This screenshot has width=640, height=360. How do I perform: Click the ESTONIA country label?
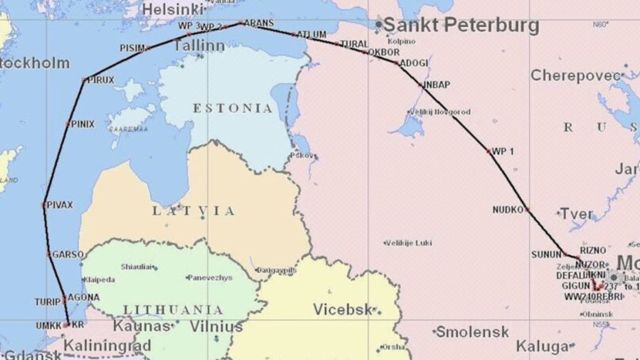click(234, 108)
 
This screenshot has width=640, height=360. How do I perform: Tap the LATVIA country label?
click(193, 210)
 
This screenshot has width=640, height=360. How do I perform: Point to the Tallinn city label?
click(198, 46)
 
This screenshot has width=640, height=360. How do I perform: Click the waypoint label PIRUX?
click(101, 79)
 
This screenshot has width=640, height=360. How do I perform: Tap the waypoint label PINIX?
click(82, 123)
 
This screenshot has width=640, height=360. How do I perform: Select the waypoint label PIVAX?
click(60, 205)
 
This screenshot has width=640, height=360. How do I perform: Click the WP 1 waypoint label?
click(503, 151)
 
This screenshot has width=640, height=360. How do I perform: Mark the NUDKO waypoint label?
click(508, 210)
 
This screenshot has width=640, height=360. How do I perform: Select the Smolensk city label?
click(473, 332)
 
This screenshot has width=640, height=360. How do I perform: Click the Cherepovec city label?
click(576, 76)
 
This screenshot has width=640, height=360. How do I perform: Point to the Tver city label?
click(577, 214)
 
